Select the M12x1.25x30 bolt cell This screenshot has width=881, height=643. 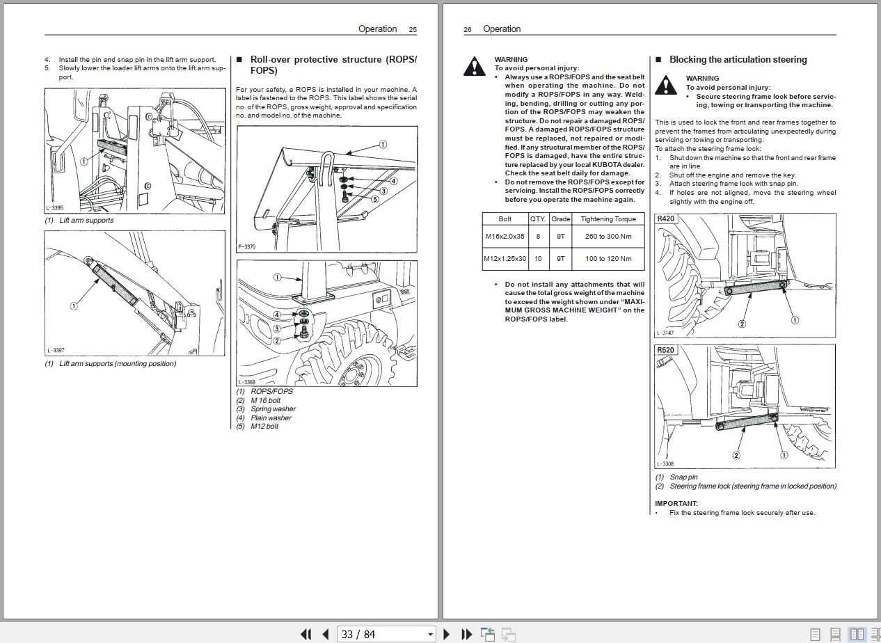(505, 259)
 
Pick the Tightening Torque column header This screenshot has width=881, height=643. (608, 219)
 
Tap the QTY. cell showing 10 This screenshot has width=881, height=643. (538, 259)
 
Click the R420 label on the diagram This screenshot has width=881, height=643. (666, 219)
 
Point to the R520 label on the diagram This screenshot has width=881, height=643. (666, 350)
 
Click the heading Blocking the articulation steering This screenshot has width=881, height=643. (738, 60)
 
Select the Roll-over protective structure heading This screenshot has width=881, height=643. (333, 65)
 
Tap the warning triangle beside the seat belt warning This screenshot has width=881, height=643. (475, 66)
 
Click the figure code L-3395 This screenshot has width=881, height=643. (56, 208)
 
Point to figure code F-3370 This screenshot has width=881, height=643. (247, 247)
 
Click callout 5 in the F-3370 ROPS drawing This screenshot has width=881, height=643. (374, 199)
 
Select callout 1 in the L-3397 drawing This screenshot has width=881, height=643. (74, 305)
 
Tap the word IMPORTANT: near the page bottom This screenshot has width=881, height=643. (676, 503)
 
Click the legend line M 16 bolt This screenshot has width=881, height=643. (265, 400)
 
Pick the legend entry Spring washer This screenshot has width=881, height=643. (273, 409)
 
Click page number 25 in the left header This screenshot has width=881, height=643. (413, 29)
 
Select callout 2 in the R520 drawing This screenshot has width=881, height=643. (736, 455)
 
